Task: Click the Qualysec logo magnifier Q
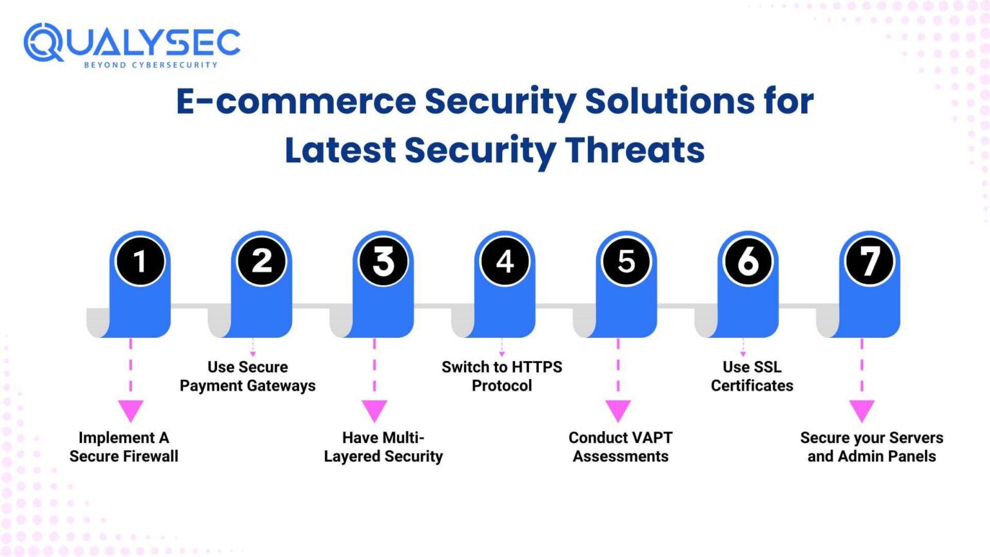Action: pos(43,43)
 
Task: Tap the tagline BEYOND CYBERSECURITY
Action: pos(151,65)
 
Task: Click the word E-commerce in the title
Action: pos(296,102)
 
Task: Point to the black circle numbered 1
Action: pos(139,261)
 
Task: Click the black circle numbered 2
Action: pos(261,261)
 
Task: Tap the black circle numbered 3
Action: pos(383,261)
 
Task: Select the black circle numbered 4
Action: pos(505,261)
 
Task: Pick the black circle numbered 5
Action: pos(626,261)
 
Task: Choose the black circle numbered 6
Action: pos(748,261)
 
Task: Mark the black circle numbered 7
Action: pos(869,261)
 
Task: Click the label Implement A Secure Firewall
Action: pos(124,447)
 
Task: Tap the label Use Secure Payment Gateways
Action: pos(247,376)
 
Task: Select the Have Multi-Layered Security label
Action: pos(383,447)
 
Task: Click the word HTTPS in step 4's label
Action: pos(537,367)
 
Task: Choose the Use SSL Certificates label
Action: pos(752,376)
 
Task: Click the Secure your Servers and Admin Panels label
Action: pos(871,447)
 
